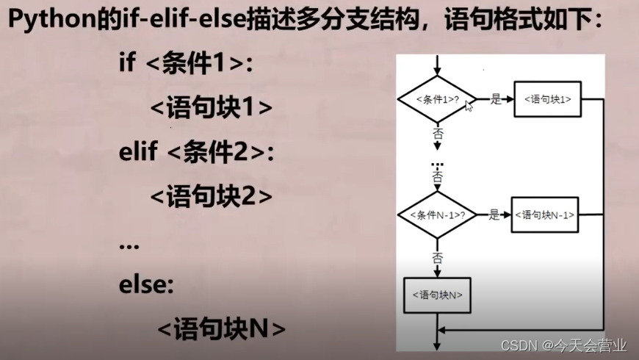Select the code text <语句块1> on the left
pos(212,108)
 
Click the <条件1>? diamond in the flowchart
pos(437,98)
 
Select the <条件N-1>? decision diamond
pos(437,215)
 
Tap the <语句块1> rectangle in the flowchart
pos(547,98)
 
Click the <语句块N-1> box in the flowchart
pos(544,215)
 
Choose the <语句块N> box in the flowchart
pos(437,295)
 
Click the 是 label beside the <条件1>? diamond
pos(495,98)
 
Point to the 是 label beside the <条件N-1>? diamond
pos(494,215)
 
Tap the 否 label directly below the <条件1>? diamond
pos(438,134)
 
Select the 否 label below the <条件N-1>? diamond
pos(438,257)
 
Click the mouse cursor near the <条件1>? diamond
pos(469,105)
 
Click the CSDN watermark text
pos(563,345)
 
